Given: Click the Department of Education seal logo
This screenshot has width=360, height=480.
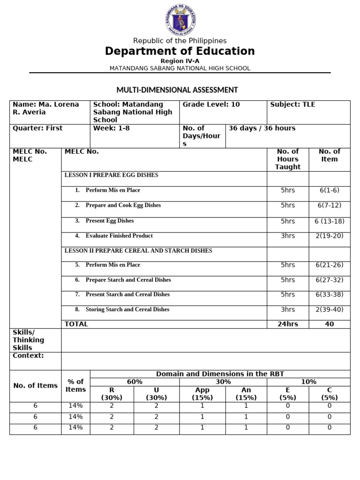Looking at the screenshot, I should (x=180, y=19).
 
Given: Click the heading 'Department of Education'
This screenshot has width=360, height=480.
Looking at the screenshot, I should (x=180, y=51).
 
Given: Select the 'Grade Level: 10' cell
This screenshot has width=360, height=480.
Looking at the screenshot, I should (x=211, y=105).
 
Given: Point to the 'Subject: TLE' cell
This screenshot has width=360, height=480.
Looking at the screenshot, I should (x=292, y=105).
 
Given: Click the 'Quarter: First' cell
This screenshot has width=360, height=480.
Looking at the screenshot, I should (x=37, y=128).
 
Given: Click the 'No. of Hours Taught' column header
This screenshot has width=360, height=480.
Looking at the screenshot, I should (x=288, y=159).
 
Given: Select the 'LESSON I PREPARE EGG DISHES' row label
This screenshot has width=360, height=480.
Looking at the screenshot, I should (x=111, y=175).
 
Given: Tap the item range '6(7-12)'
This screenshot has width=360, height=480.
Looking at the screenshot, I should (x=329, y=205).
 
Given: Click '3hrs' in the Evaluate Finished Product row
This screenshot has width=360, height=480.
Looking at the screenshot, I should (x=288, y=236).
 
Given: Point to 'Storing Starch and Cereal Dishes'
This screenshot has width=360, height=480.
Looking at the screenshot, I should (x=127, y=309).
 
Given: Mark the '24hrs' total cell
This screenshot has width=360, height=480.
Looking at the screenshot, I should (x=288, y=324).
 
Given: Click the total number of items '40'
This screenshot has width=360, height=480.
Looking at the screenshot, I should (x=329, y=324).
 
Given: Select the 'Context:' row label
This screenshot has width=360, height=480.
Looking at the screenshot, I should (x=28, y=356).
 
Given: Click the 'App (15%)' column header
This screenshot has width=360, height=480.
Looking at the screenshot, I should (x=202, y=394).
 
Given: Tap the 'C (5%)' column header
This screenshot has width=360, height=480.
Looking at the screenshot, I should (x=329, y=394).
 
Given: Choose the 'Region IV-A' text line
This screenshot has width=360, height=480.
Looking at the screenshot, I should (x=180, y=61).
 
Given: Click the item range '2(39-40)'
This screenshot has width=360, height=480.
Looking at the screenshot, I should (x=329, y=309).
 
